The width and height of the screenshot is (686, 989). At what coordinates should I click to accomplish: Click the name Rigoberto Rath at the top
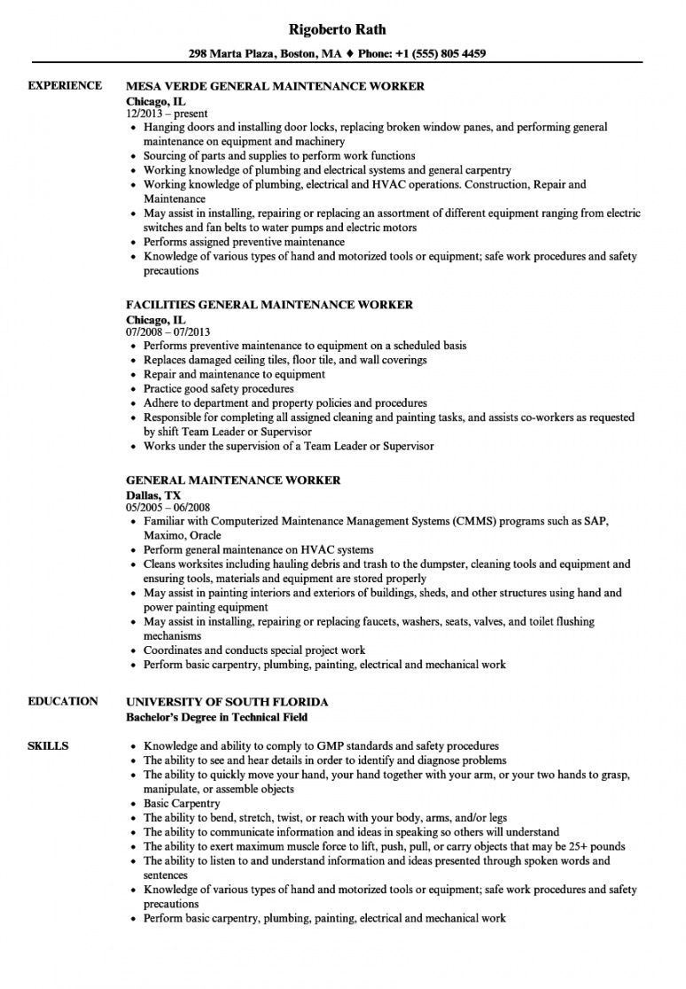(x=343, y=28)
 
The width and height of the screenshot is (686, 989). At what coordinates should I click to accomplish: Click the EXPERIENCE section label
(x=65, y=86)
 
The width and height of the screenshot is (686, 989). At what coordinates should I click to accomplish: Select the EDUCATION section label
(x=63, y=701)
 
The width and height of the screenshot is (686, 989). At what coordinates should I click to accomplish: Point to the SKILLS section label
(x=49, y=721)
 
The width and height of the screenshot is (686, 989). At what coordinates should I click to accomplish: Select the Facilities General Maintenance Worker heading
(x=269, y=305)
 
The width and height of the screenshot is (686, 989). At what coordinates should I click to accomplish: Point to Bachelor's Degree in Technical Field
(x=217, y=716)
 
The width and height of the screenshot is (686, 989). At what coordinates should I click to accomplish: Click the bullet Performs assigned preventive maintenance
(x=244, y=242)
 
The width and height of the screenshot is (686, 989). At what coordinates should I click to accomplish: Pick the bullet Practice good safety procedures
(x=218, y=388)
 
